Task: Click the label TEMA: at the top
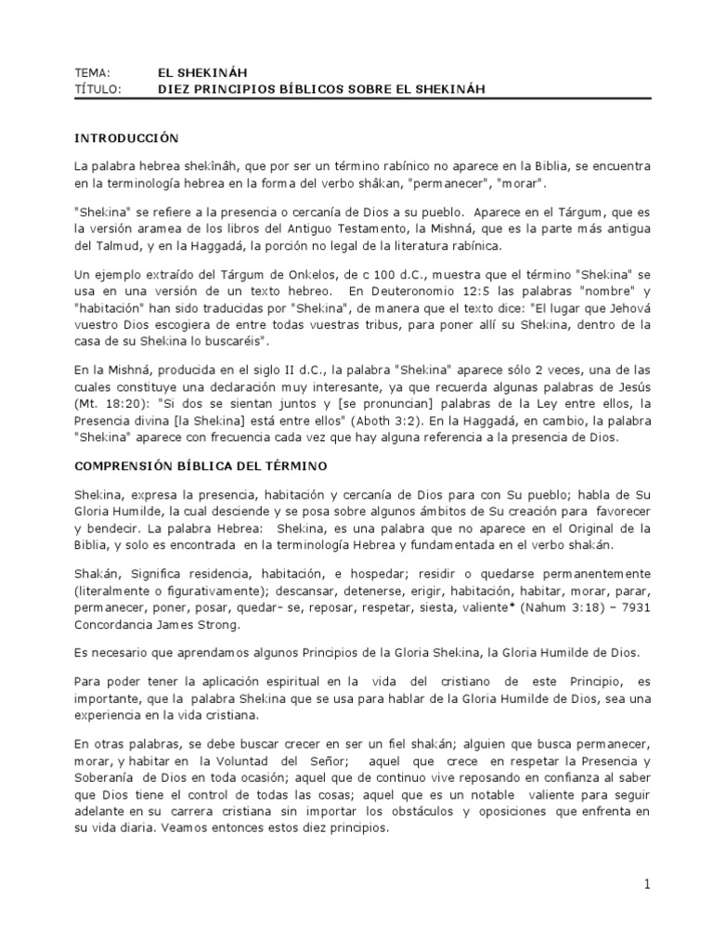pyautogui.click(x=93, y=72)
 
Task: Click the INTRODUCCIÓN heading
pyautogui.click(x=125, y=137)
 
